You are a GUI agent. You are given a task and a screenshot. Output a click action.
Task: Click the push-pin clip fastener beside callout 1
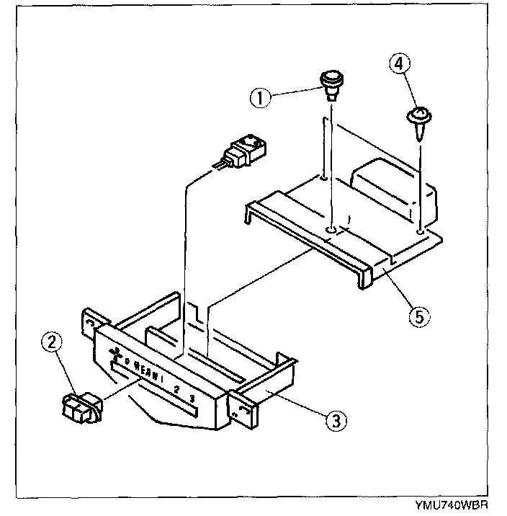(x=331, y=83)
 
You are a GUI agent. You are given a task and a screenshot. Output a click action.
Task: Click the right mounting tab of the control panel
(x=241, y=412)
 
